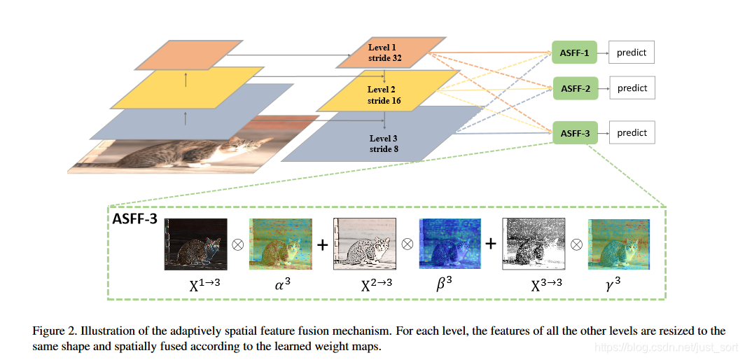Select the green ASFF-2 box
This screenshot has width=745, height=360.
click(576, 88)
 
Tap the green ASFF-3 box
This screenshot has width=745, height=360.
click(576, 132)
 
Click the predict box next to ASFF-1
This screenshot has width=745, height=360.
click(631, 53)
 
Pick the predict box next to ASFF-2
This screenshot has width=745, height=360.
click(632, 88)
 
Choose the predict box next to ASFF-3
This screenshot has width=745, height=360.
click(632, 132)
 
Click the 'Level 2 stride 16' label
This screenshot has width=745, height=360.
click(382, 95)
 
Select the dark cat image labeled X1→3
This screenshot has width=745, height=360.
click(196, 244)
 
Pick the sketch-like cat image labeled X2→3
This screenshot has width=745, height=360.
click(365, 244)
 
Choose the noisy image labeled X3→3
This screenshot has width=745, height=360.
click(534, 244)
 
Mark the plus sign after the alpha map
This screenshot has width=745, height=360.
click(323, 245)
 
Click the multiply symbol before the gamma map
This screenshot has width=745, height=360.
click(576, 245)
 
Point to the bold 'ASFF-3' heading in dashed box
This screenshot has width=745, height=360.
click(134, 219)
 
